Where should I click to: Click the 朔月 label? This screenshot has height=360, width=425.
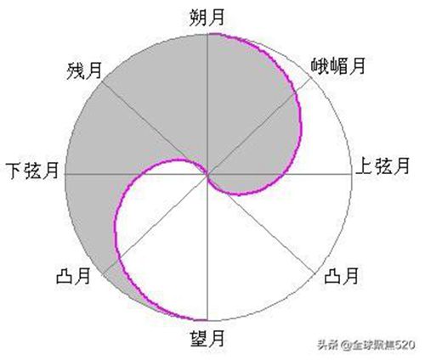pyautogui.click(x=207, y=18)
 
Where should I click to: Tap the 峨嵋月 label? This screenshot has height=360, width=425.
pyautogui.click(x=338, y=66)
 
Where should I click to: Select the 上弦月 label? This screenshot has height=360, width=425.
pyautogui.click(x=382, y=166)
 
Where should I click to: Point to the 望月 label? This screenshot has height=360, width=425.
pyautogui.click(x=207, y=338)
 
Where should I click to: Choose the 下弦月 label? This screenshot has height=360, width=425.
pyautogui.click(x=32, y=171)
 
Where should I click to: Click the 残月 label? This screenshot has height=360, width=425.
pyautogui.click(x=84, y=70)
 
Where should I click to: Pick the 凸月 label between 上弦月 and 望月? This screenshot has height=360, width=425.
pyautogui.click(x=342, y=275)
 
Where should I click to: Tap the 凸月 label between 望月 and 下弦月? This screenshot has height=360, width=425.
pyautogui.click(x=73, y=276)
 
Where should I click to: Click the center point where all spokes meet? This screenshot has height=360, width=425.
pyautogui.click(x=208, y=175)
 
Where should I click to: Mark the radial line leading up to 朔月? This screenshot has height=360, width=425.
pyautogui.click(x=208, y=104)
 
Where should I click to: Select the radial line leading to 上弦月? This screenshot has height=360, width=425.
pyautogui.click(x=280, y=174)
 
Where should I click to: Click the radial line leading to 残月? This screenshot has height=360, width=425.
pyautogui.click(x=155, y=127)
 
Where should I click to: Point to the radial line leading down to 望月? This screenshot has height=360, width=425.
pyautogui.click(x=207, y=247)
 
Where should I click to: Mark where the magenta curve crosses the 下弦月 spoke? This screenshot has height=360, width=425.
pyautogui.click(x=135, y=174)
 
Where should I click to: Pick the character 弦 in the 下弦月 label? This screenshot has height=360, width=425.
pyautogui.click(x=32, y=171)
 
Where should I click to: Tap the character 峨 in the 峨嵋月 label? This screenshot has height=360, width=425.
pyautogui.click(x=320, y=66)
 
